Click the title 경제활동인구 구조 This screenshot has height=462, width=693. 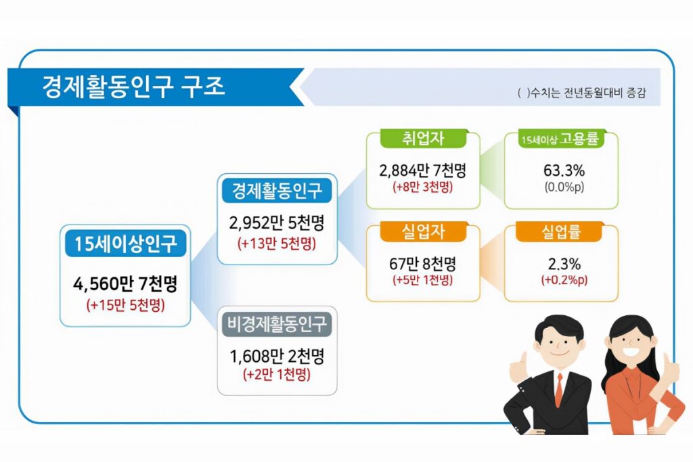(x=133, y=87)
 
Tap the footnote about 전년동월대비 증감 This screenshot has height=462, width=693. (x=581, y=93)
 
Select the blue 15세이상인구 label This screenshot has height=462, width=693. (x=125, y=244)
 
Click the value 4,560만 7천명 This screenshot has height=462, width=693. (x=125, y=284)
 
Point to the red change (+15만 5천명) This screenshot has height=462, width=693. (x=125, y=305)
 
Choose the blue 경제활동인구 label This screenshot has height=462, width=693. (x=277, y=190)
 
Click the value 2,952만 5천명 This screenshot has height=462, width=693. (x=277, y=223)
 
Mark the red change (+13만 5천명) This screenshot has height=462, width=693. (x=277, y=244)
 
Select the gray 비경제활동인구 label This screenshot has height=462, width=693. (x=277, y=324)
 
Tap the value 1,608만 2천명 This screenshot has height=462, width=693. (x=277, y=356)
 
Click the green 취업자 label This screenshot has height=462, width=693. (x=423, y=138)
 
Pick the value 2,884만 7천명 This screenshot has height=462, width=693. (x=423, y=170)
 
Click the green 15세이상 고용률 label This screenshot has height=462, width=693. (x=561, y=139)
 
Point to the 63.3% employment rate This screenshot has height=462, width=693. (x=564, y=170)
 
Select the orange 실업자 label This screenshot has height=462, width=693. (x=423, y=232)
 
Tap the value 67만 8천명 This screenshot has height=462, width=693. (x=423, y=264)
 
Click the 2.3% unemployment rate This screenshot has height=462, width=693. (x=564, y=264)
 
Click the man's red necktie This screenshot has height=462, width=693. (x=559, y=390)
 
